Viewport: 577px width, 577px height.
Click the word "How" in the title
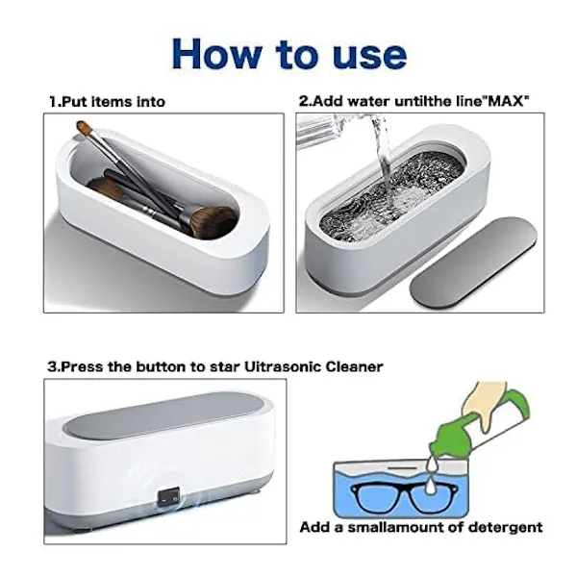[216, 54]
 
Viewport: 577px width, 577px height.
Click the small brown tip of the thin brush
[84, 127]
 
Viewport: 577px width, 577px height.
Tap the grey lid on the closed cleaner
[163, 415]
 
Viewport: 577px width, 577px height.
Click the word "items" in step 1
[112, 102]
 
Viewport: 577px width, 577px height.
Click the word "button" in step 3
[161, 367]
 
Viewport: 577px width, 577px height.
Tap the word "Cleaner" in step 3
[354, 367]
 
